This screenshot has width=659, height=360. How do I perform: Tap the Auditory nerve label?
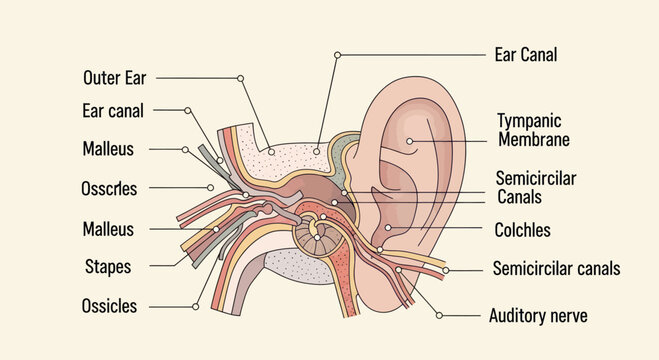pyautogui.click(x=537, y=316)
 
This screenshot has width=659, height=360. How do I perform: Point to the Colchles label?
pyautogui.click(x=522, y=230)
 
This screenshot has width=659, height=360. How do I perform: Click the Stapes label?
pyautogui.click(x=108, y=267)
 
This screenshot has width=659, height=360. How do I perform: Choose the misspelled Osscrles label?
pyautogui.click(x=109, y=187)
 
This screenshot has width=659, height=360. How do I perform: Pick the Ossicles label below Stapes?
pyautogui.click(x=109, y=306)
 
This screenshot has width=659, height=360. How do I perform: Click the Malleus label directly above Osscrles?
pyautogui.click(x=108, y=149)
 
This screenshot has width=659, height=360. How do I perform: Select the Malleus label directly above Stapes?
pyautogui.click(x=108, y=229)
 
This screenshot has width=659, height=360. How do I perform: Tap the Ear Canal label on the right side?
pyautogui.click(x=526, y=54)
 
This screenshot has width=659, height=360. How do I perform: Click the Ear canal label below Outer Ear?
pyautogui.click(x=113, y=110)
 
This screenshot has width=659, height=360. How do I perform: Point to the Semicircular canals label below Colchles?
pyautogui.click(x=557, y=268)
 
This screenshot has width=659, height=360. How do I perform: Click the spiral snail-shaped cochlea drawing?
pyautogui.click(x=317, y=236)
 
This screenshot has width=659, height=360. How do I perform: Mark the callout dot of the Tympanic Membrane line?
pyautogui.click(x=410, y=141)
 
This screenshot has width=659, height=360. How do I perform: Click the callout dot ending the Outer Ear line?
pyautogui.click(x=241, y=77)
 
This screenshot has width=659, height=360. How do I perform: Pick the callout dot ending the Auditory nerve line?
pyautogui.click(x=439, y=316)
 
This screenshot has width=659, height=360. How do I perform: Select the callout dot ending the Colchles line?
pyautogui.click(x=387, y=229)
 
